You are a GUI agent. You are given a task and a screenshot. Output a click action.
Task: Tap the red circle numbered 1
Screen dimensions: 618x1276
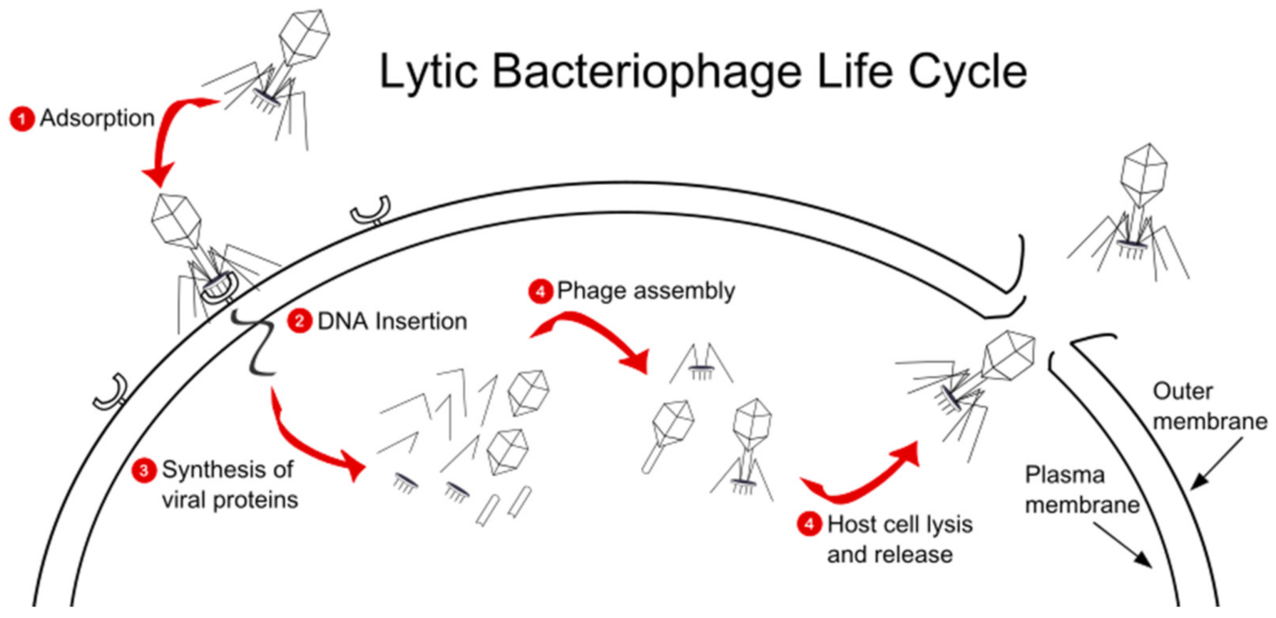click(x=22, y=119)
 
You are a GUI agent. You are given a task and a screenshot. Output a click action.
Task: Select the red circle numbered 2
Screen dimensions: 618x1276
click(x=300, y=321)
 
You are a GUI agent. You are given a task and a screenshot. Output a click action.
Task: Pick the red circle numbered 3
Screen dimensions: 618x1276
click(x=144, y=471)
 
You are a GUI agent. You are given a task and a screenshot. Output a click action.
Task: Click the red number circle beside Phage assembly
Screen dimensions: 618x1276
click(x=540, y=291)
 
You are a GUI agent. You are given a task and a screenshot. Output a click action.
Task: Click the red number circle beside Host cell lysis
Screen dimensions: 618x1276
click(x=809, y=524)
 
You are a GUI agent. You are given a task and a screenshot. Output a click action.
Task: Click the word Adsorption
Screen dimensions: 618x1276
click(x=97, y=118)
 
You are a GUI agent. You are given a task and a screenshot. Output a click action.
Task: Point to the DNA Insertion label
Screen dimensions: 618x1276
click(x=392, y=321)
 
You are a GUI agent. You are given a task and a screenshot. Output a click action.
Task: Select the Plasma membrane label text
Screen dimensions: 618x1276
click(x=1081, y=490)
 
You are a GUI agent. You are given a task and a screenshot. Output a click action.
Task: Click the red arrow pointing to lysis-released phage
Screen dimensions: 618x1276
click(x=864, y=479)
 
